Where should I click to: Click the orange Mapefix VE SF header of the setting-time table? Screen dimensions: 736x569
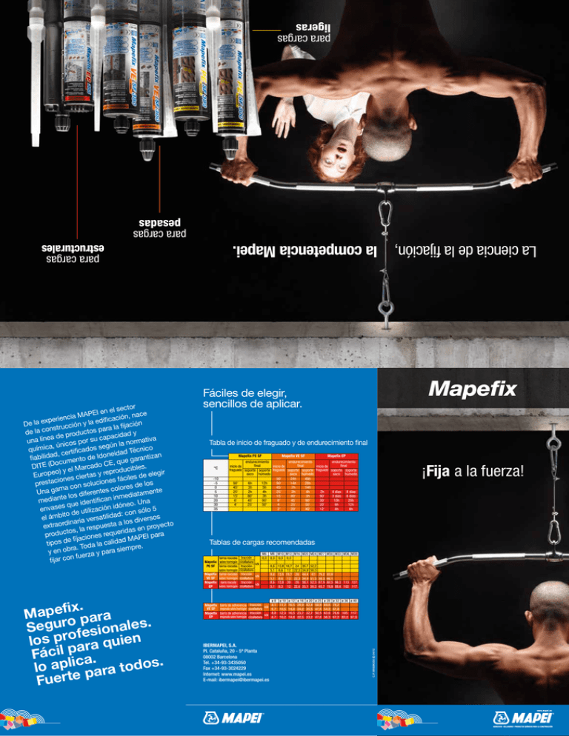(295, 457)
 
